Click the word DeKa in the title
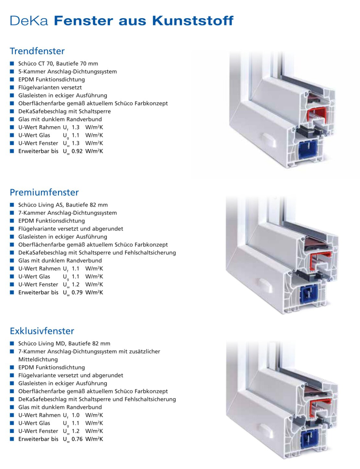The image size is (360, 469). tap(29, 21)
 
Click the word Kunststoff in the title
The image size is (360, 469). tap(193, 21)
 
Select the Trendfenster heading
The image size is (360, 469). tap(37, 51)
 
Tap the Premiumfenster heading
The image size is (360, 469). tap(44, 192)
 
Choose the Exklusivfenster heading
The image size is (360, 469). tap(42, 331)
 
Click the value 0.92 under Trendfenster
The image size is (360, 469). tap(77, 151)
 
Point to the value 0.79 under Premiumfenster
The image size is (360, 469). tap(77, 292)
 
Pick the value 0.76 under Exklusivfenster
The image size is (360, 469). tap(77, 439)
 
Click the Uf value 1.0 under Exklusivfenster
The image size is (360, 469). tap(76, 415)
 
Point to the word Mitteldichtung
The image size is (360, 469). tap(38, 359)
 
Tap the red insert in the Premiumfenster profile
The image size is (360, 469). tap(320, 261)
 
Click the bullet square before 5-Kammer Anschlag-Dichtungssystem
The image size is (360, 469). tap(12, 71)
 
